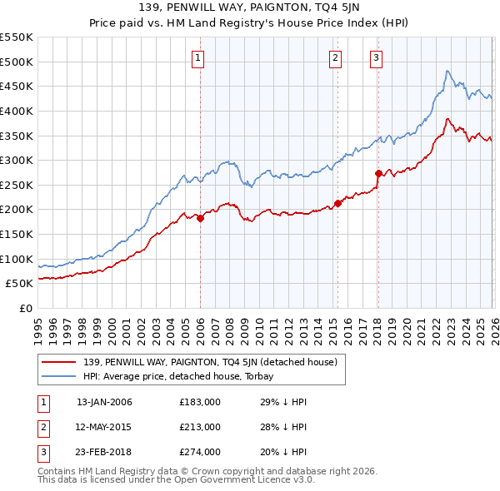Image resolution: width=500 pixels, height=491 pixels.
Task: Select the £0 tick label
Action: [24, 308]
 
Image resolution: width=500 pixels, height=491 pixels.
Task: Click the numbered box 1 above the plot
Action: [198, 57]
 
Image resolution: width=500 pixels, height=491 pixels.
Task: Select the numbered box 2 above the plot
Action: [335, 57]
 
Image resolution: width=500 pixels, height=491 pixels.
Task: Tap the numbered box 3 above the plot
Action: [376, 57]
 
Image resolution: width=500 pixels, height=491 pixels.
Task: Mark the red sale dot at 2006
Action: [200, 218]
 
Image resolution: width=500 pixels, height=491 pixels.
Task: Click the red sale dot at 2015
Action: [337, 203]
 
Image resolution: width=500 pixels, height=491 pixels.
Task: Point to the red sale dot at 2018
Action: [378, 173]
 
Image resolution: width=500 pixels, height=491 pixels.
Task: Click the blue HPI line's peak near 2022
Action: [447, 72]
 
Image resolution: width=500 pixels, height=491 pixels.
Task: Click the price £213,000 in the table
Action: [200, 427]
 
